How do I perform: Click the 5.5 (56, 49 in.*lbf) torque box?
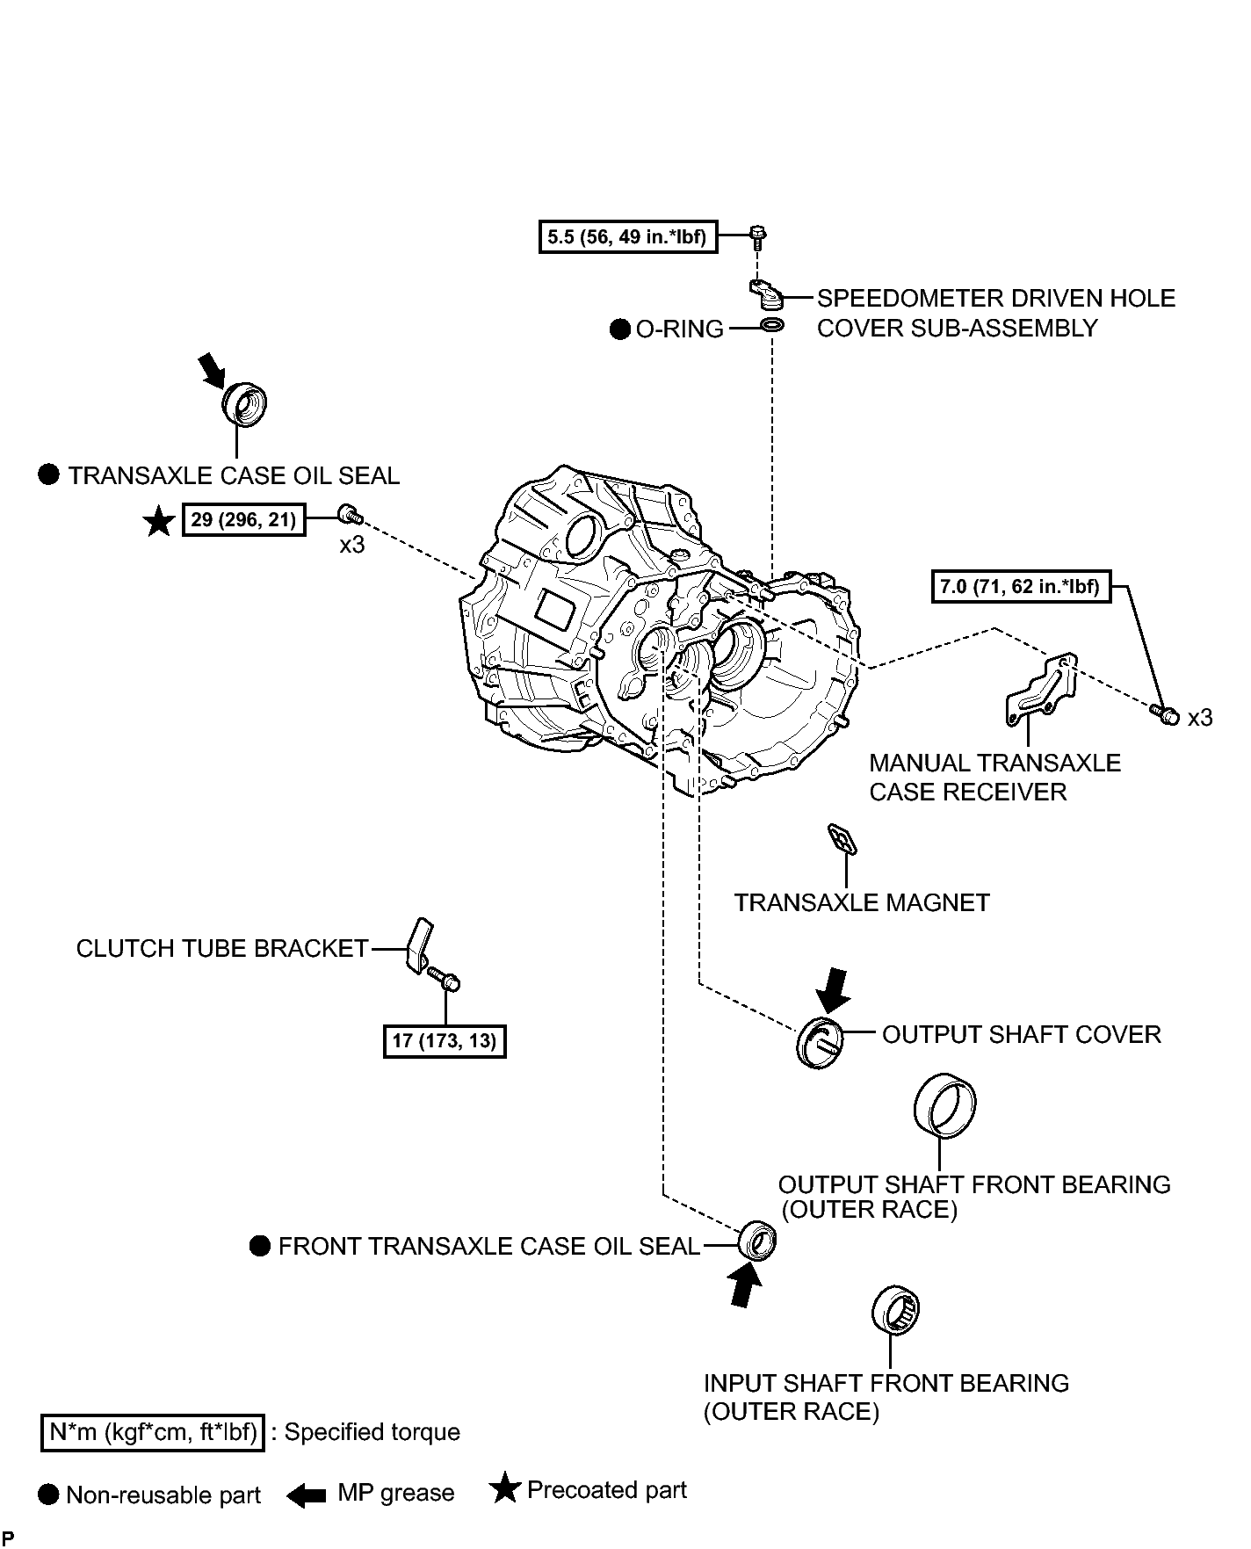pos(628,236)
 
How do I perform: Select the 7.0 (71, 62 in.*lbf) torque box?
pos(1021,586)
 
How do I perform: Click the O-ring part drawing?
pos(772,327)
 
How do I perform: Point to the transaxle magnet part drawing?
pos(842,839)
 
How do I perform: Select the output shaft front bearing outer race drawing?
pos(944,1104)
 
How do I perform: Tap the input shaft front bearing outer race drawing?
pos(896,1312)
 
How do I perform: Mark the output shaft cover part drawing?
pos(820,1044)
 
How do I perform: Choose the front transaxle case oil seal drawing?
pos(756,1241)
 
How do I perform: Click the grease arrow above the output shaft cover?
pos(832,991)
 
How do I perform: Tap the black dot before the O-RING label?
pos(620,329)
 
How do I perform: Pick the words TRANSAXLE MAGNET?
pos(862,903)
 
